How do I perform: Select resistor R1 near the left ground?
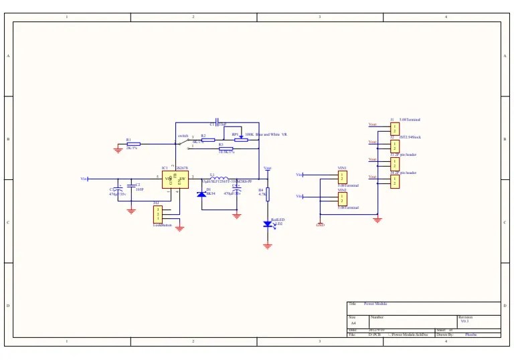click(x=134, y=144)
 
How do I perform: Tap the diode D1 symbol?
click(x=201, y=194)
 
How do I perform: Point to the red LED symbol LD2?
click(x=268, y=225)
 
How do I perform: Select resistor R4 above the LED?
click(x=268, y=194)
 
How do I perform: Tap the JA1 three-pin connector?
click(x=159, y=214)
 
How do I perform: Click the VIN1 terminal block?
click(x=342, y=177)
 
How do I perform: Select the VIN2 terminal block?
click(x=342, y=198)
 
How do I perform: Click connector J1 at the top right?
click(x=394, y=128)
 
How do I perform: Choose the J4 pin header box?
click(x=394, y=181)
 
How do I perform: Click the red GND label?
click(x=320, y=225)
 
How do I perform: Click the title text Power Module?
click(x=375, y=304)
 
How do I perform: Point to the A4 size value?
click(x=353, y=323)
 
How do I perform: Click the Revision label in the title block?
click(x=465, y=317)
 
